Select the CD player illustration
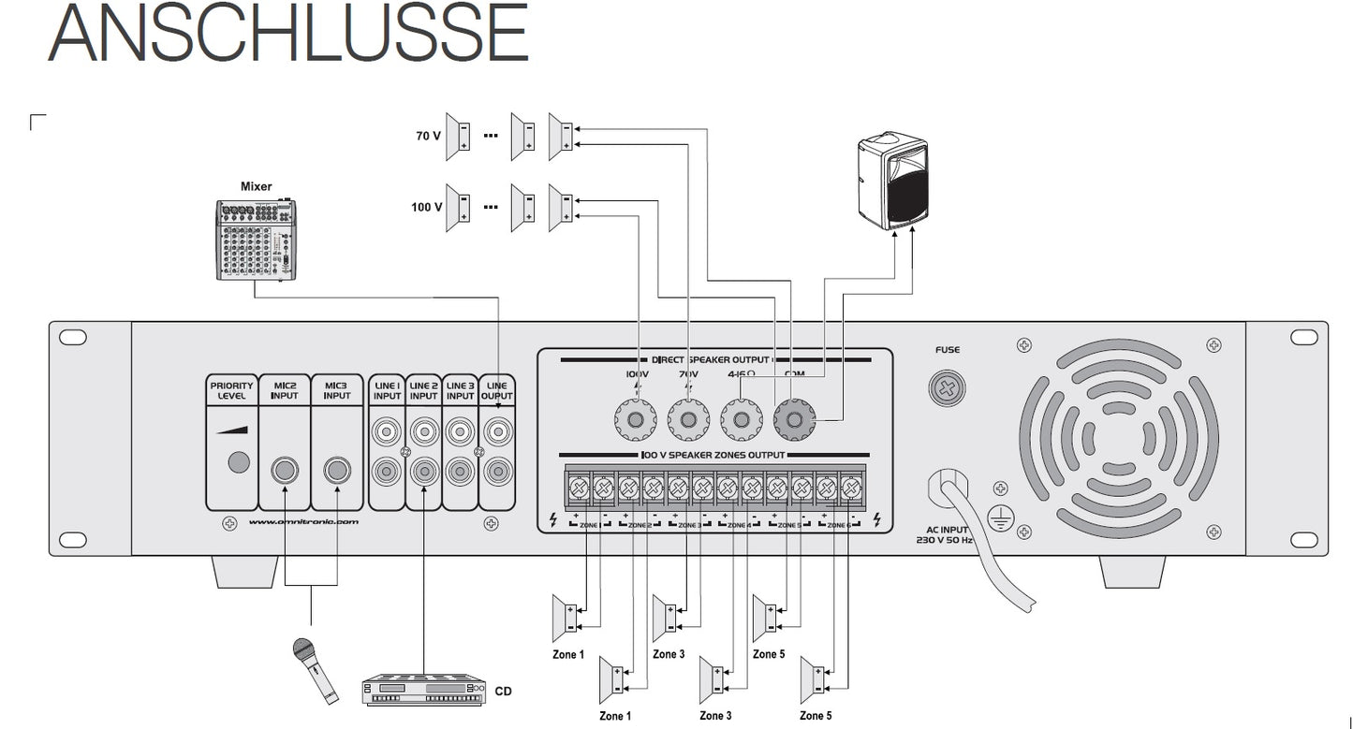pyautogui.click(x=426, y=690)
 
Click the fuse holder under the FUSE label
pyautogui.click(x=948, y=388)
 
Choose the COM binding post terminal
pyautogui.click(x=795, y=421)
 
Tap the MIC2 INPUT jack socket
pyautogui.click(x=284, y=470)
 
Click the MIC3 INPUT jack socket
pyautogui.click(x=336, y=470)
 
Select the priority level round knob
pyautogui.click(x=238, y=461)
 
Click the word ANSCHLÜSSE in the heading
pyautogui.click(x=288, y=34)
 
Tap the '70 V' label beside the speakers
pyautogui.click(x=428, y=136)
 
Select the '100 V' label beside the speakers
pyautogui.click(x=426, y=207)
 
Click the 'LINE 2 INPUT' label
pyautogui.click(x=423, y=390)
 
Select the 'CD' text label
pyautogui.click(x=504, y=692)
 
